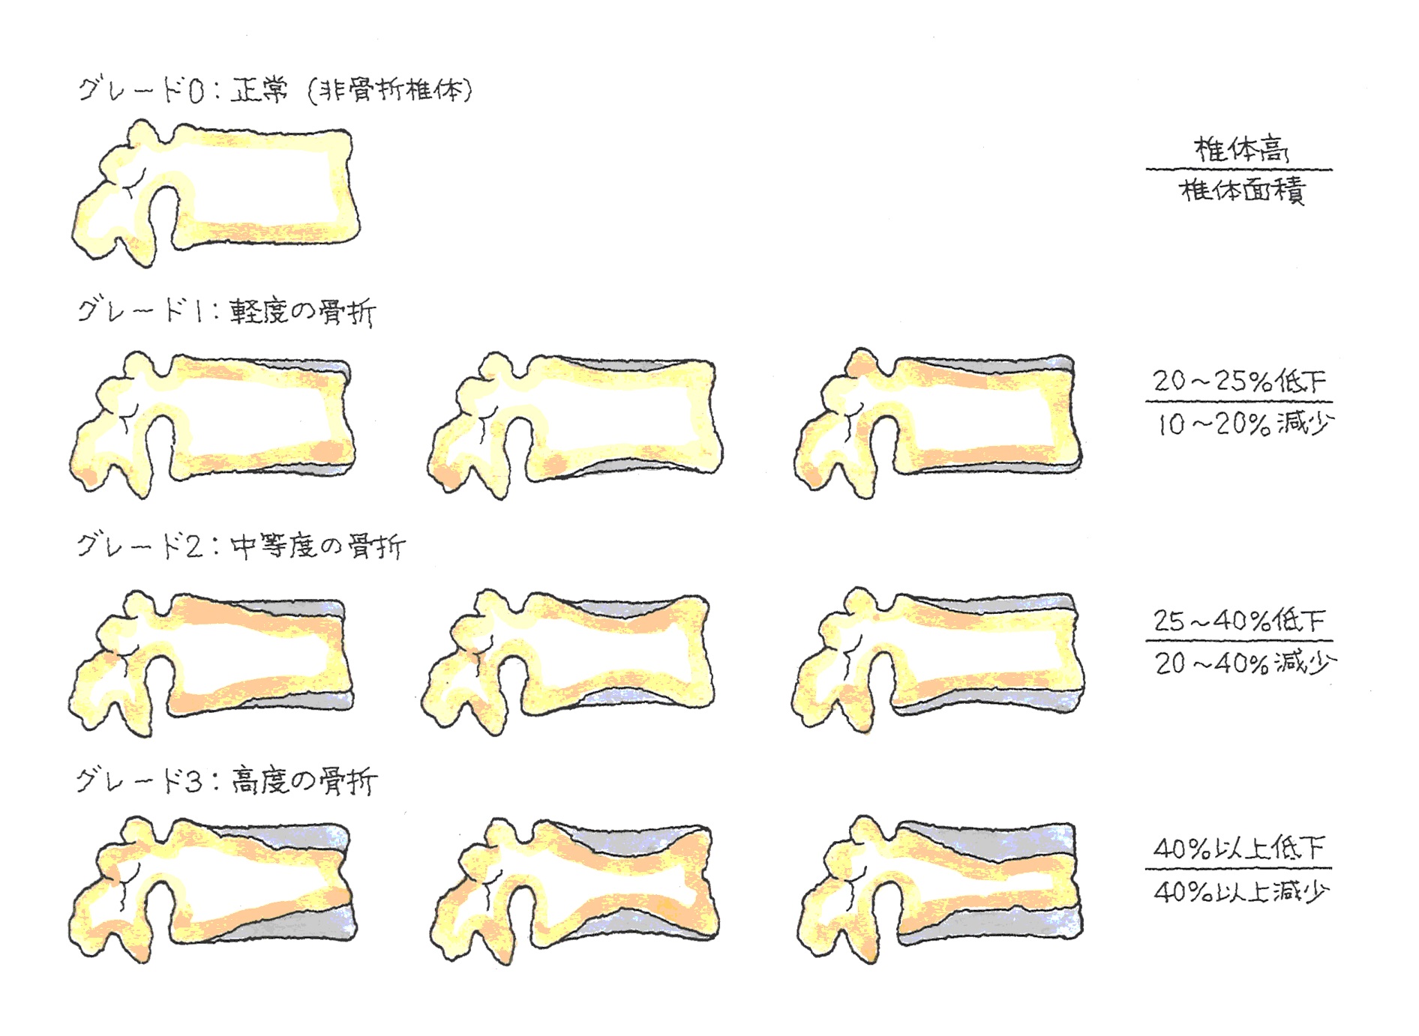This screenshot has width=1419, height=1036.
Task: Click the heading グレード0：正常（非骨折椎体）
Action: click(275, 91)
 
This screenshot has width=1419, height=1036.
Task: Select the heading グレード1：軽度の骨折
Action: click(226, 310)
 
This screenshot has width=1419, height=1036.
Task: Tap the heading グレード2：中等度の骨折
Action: click(241, 545)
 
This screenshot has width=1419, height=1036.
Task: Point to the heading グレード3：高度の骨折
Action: click(226, 781)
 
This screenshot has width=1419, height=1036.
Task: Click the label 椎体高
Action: click(1240, 149)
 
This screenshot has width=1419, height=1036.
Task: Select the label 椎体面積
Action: click(1243, 190)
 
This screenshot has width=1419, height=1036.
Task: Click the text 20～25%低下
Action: click(1240, 381)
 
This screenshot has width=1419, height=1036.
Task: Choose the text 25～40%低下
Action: click(1239, 620)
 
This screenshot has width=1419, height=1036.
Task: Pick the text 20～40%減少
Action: click(1245, 663)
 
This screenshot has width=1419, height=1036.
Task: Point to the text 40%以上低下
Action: click(1239, 848)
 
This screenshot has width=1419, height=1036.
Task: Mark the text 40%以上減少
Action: click(1241, 891)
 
